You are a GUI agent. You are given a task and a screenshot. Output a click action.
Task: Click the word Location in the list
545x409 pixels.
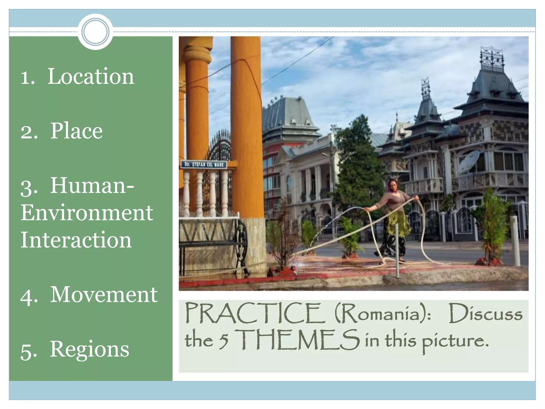tap(91, 76)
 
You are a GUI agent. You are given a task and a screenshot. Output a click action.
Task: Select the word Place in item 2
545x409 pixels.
tap(76, 131)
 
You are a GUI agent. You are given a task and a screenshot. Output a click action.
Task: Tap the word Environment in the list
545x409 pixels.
tap(87, 213)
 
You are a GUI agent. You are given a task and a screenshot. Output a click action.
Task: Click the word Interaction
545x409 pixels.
tap(76, 240)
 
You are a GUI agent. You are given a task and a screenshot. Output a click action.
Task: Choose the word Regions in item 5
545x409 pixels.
tap(89, 349)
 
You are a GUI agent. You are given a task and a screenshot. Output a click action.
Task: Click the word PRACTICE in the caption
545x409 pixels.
tap(255, 313)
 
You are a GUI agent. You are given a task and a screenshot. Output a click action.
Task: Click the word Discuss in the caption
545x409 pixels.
tap(486, 314)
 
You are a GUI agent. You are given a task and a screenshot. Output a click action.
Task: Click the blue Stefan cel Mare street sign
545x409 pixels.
tap(204, 164)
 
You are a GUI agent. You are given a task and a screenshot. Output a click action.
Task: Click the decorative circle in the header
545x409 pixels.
tap(95, 32)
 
